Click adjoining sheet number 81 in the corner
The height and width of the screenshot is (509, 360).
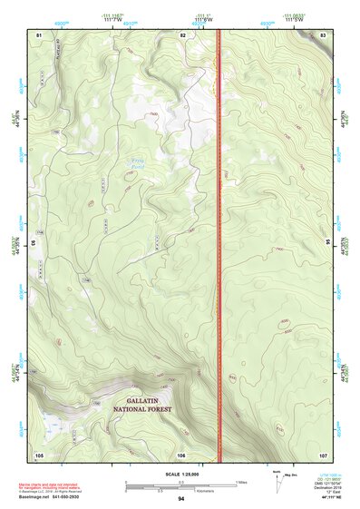tap(39, 34)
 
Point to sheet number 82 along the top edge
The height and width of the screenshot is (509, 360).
tap(183, 34)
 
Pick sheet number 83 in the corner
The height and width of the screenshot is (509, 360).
tap(324, 34)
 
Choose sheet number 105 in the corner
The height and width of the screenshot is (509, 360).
tap(39, 454)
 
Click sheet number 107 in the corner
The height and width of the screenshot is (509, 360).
tap(323, 454)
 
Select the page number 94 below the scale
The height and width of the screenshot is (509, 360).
tap(181, 499)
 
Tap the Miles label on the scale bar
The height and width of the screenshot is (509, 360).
tap(241, 482)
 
